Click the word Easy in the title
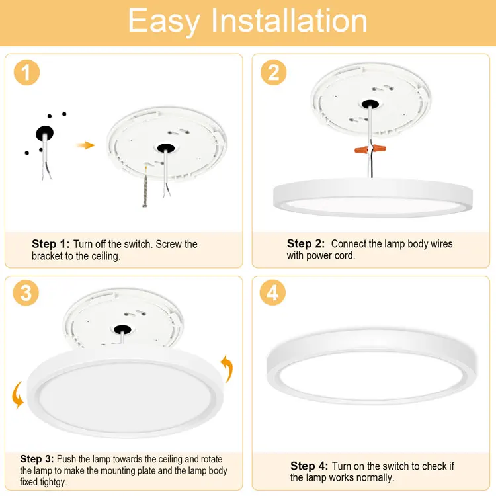coord(164,21)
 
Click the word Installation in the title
coord(289,21)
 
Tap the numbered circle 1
coord(27,73)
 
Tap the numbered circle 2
coord(274,73)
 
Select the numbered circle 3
coord(26,292)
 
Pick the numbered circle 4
coord(272,292)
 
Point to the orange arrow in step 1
coord(85,145)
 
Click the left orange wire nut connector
coord(361,149)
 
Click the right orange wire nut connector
coord(380,147)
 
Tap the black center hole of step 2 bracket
coord(370,103)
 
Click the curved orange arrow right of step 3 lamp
coord(227,368)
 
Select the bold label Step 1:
coord(51,244)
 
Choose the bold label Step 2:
coord(306,243)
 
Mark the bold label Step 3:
coord(37,459)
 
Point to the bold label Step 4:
coord(309,466)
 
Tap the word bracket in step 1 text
coord(47,255)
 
